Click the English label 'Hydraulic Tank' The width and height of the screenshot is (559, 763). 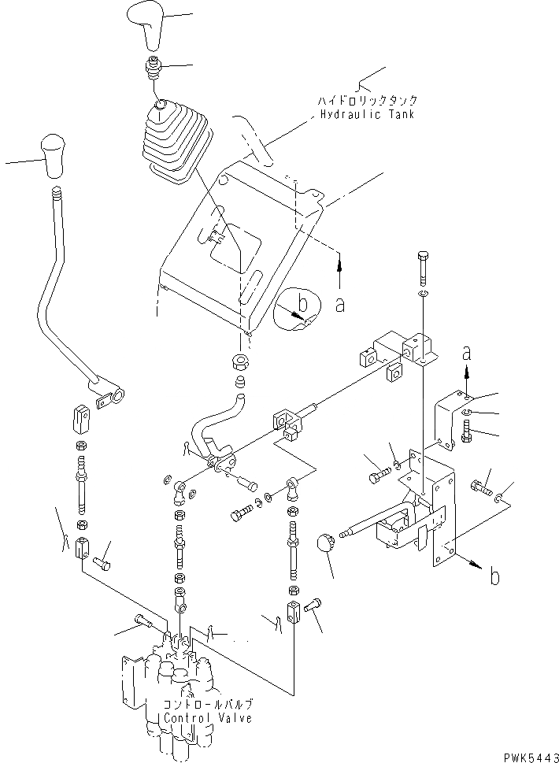[x=367, y=114]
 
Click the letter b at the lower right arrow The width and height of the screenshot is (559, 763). [x=494, y=577]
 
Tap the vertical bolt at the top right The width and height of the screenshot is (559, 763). [x=423, y=268]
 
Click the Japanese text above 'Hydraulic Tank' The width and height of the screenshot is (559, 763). [x=367, y=101]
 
